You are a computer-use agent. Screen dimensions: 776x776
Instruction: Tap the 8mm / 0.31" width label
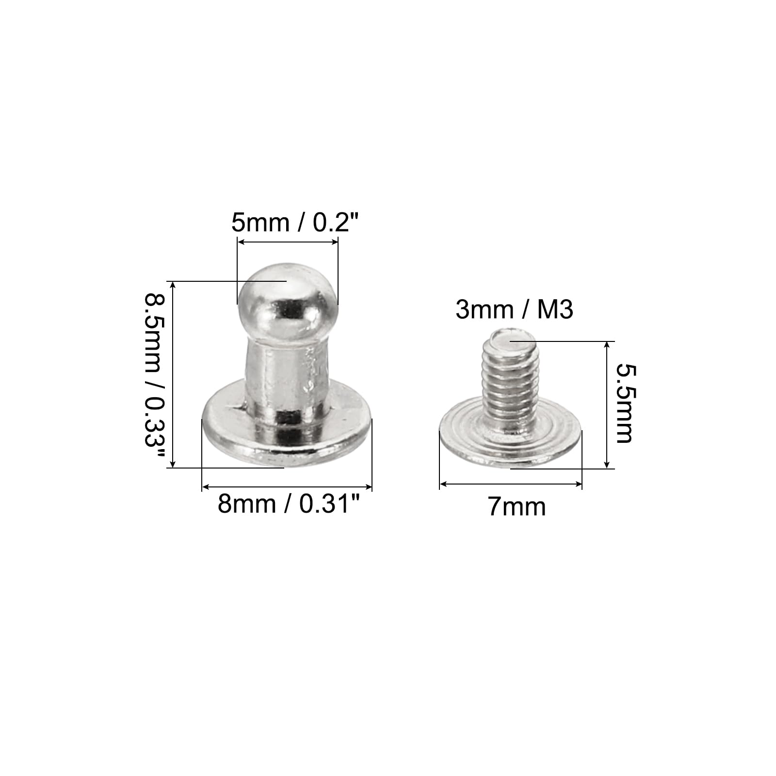pyautogui.click(x=290, y=504)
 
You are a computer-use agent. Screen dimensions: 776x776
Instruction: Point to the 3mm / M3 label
pyautogui.click(x=514, y=309)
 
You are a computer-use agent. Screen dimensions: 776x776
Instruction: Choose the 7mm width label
pyautogui.click(x=517, y=507)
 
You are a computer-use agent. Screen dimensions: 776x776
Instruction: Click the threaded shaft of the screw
pyautogui.click(x=512, y=383)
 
